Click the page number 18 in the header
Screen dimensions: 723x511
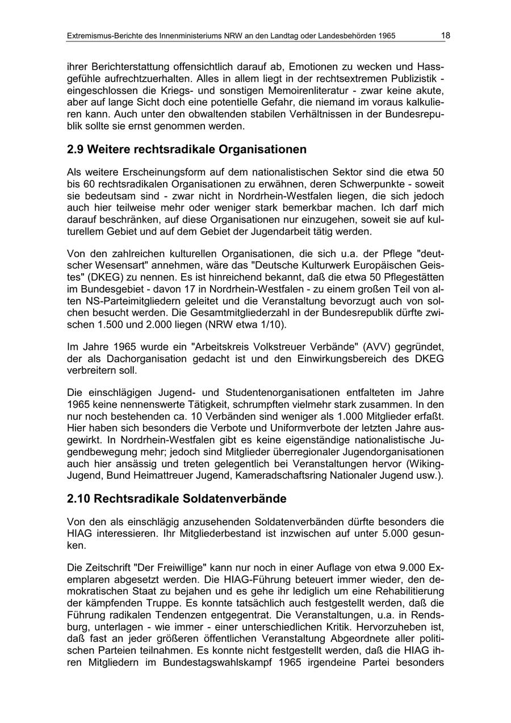[x=446, y=35]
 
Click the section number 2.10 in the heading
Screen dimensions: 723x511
[x=78, y=499]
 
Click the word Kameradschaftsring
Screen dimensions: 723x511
[x=289, y=475]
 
